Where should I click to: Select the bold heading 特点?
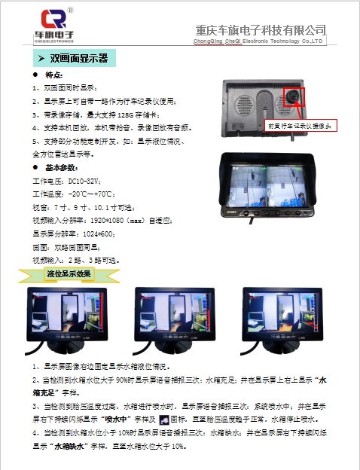[54, 76]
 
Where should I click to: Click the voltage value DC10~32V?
[84, 181]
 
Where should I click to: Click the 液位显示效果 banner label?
[69, 273]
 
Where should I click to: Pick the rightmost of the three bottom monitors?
[279, 317]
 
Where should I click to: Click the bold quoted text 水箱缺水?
[72, 446]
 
